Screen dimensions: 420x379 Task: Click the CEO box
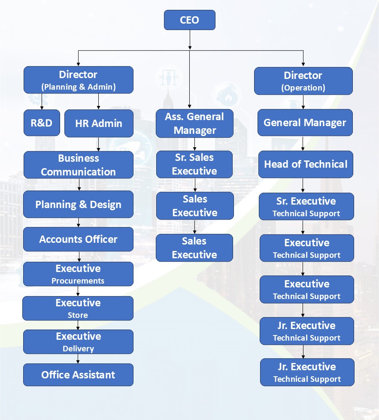click(x=189, y=20)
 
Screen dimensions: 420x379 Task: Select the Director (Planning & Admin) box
click(x=78, y=80)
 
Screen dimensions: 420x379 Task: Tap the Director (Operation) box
click(x=303, y=81)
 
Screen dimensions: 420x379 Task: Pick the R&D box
click(x=42, y=123)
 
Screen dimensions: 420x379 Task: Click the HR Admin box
click(x=99, y=123)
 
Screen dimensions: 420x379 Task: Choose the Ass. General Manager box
click(x=194, y=123)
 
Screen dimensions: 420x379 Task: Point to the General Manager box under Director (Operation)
click(x=305, y=123)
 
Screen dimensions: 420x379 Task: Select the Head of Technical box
click(x=306, y=164)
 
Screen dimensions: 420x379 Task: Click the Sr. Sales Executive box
click(x=194, y=164)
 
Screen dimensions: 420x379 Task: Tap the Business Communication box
click(x=78, y=165)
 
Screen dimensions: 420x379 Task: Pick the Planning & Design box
click(x=78, y=204)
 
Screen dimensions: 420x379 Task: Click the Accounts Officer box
click(x=78, y=239)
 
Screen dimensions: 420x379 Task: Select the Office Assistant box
click(x=78, y=375)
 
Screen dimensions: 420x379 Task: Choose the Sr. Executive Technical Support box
click(x=306, y=206)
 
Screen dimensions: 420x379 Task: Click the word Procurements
click(x=78, y=281)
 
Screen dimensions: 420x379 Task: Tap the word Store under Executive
click(x=78, y=315)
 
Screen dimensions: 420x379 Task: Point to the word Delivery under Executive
click(x=78, y=348)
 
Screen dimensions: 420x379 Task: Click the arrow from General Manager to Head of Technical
click(x=303, y=143)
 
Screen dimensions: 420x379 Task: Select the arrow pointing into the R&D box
click(x=42, y=101)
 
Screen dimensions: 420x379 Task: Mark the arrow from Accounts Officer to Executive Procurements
click(x=78, y=257)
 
